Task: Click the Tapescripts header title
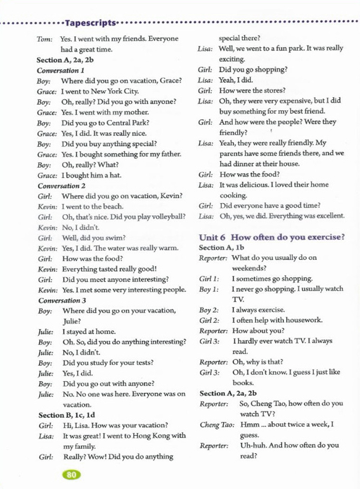point(90,23)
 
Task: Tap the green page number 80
point(71,475)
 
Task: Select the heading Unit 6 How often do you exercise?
point(272,237)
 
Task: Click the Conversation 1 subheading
point(60,70)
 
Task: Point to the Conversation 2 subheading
point(62,186)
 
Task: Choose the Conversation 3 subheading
point(62,300)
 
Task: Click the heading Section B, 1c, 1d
point(67,415)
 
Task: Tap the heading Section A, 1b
point(221,247)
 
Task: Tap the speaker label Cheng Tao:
point(217,425)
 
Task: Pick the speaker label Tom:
point(45,39)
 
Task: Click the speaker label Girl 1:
point(209,279)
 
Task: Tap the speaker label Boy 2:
point(209,310)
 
